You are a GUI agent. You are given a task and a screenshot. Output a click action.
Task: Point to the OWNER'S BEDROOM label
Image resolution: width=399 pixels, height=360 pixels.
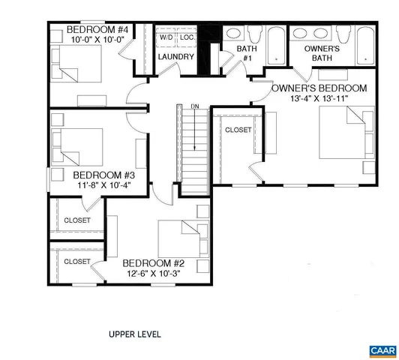pyautogui.click(x=319, y=88)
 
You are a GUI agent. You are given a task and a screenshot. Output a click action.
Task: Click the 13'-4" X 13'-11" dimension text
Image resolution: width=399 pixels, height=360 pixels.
pyautogui.click(x=320, y=100)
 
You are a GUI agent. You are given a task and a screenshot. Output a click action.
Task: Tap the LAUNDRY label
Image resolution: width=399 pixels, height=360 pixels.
pyautogui.click(x=176, y=57)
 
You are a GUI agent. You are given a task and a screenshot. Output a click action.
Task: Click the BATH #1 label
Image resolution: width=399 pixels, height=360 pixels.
pyautogui.click(x=246, y=52)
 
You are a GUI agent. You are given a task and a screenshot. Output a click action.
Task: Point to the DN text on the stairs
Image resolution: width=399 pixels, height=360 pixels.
pyautogui.click(x=195, y=106)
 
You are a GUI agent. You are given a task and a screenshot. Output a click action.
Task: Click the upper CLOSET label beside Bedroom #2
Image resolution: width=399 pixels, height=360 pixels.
pyautogui.click(x=77, y=220)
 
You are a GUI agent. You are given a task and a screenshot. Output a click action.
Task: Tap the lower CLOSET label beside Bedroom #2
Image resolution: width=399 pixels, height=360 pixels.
pyautogui.click(x=77, y=261)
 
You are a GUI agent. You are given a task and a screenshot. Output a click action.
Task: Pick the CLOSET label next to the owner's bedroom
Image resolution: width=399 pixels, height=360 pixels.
pyautogui.click(x=238, y=130)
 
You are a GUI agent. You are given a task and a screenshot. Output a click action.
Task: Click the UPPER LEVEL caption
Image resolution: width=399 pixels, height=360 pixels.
pyautogui.click(x=135, y=334)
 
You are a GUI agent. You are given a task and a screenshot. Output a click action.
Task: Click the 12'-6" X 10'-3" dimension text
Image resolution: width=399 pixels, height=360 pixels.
pyautogui.click(x=154, y=274)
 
